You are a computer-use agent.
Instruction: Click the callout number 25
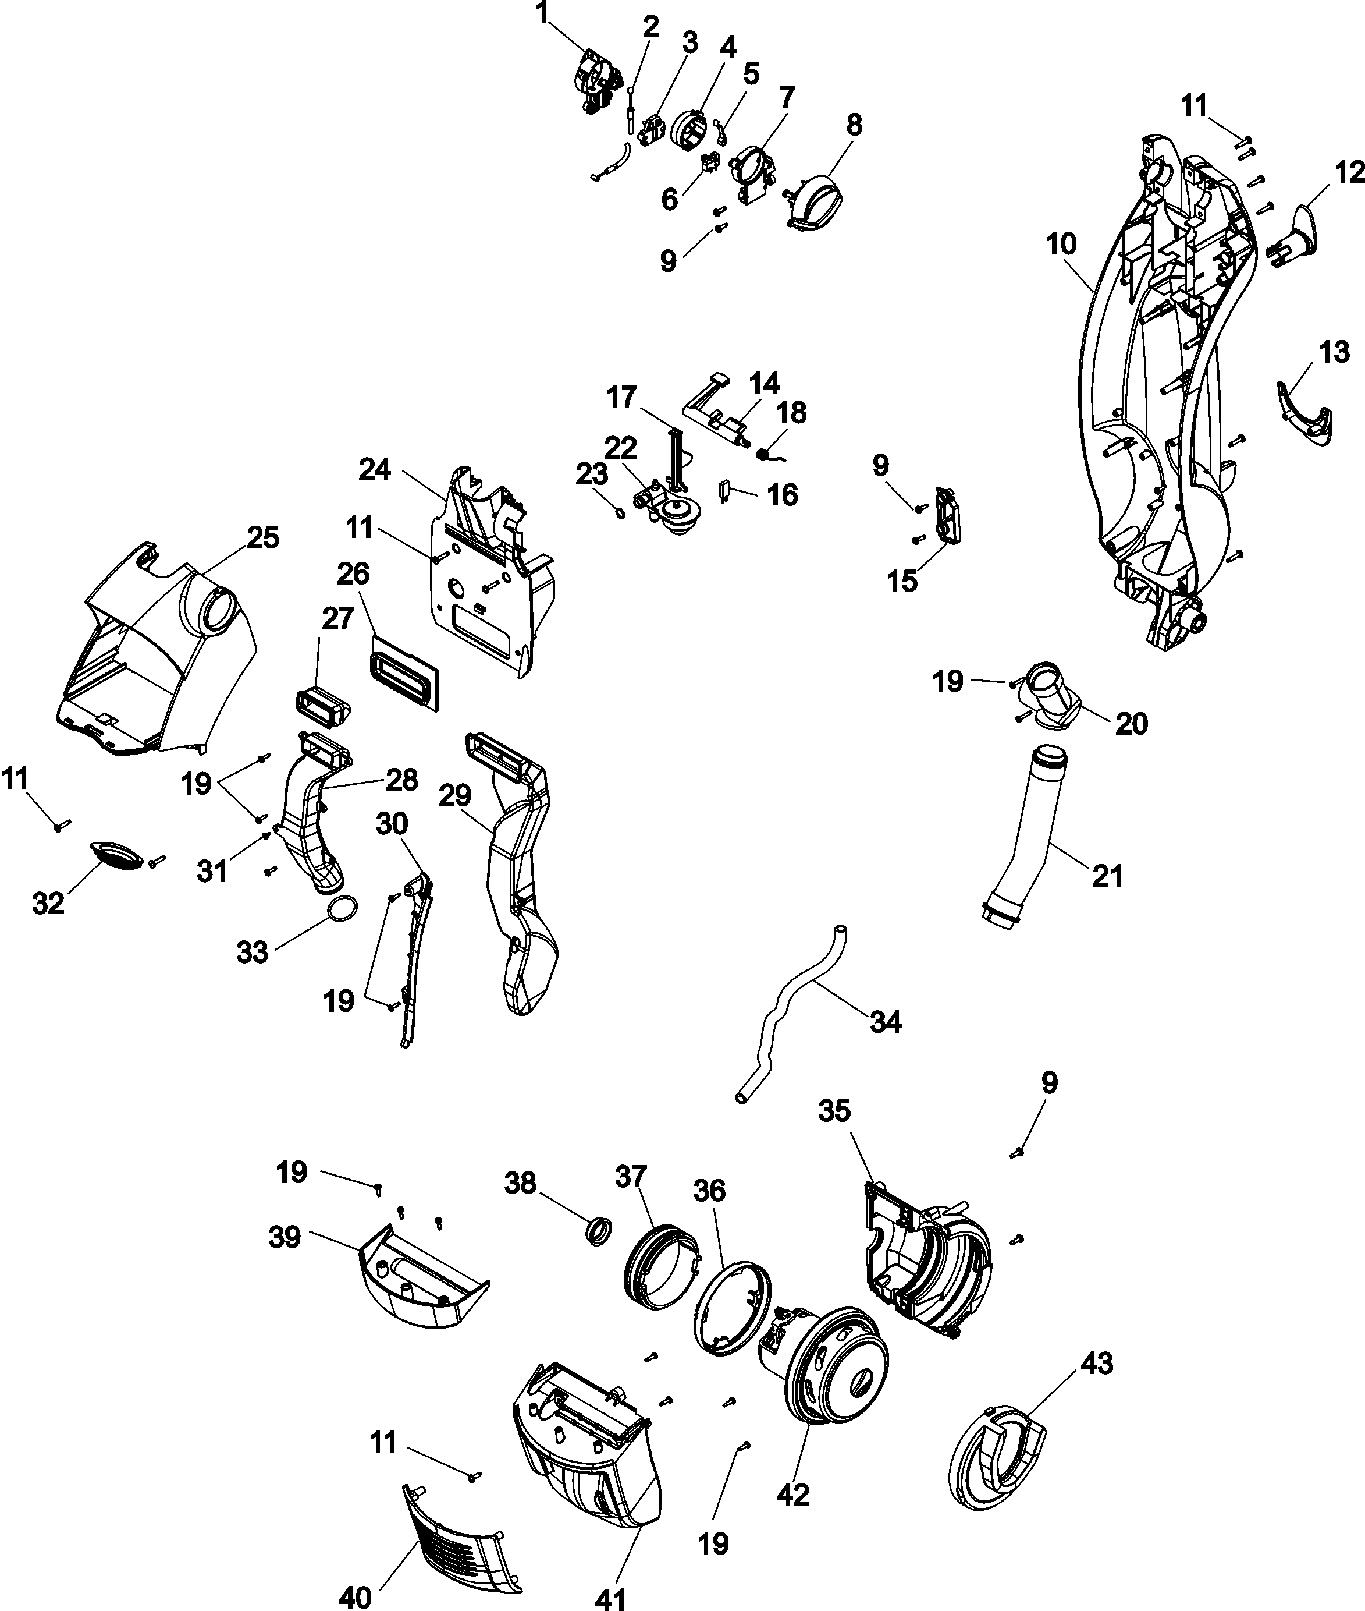coord(262,537)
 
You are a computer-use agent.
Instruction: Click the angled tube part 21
coord(1020,836)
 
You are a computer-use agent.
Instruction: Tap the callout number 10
coord(1061,245)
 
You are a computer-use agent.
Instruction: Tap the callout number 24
coord(375,469)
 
